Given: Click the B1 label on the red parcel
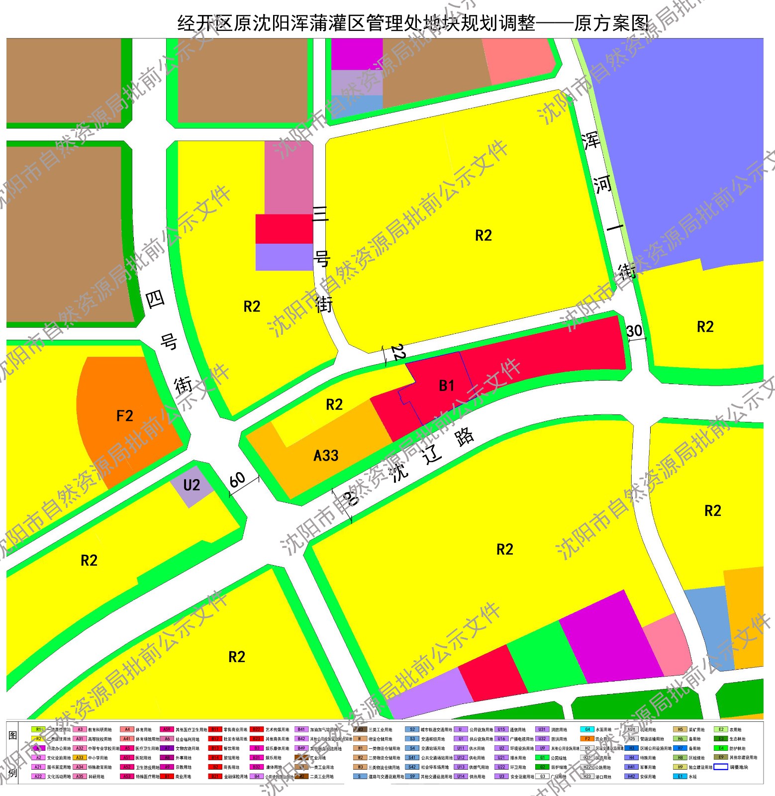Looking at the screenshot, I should pos(446,386).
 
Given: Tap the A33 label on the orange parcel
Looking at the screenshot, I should pos(326,455).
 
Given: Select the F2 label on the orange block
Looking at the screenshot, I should pos(124,416).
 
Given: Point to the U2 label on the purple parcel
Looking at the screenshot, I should pos(192,485).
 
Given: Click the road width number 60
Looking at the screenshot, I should pos(238,480).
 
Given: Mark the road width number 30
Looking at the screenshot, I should pos(634,331).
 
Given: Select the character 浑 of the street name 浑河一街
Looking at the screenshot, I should pos(591,141).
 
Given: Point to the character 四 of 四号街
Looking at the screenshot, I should pos(155,299).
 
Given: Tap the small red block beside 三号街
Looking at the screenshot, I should pos(284,229).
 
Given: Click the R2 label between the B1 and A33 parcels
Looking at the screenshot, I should pos(334,404).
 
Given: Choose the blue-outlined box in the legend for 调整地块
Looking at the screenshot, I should pos(721,767).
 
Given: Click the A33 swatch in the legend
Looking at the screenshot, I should pos(80,758).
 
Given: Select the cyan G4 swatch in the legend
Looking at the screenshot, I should pos(587,730).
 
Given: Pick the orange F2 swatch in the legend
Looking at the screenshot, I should pos(587,739).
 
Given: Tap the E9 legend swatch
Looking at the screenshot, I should pos(721,757).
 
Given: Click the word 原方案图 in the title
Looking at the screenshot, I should pos(612,23).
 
